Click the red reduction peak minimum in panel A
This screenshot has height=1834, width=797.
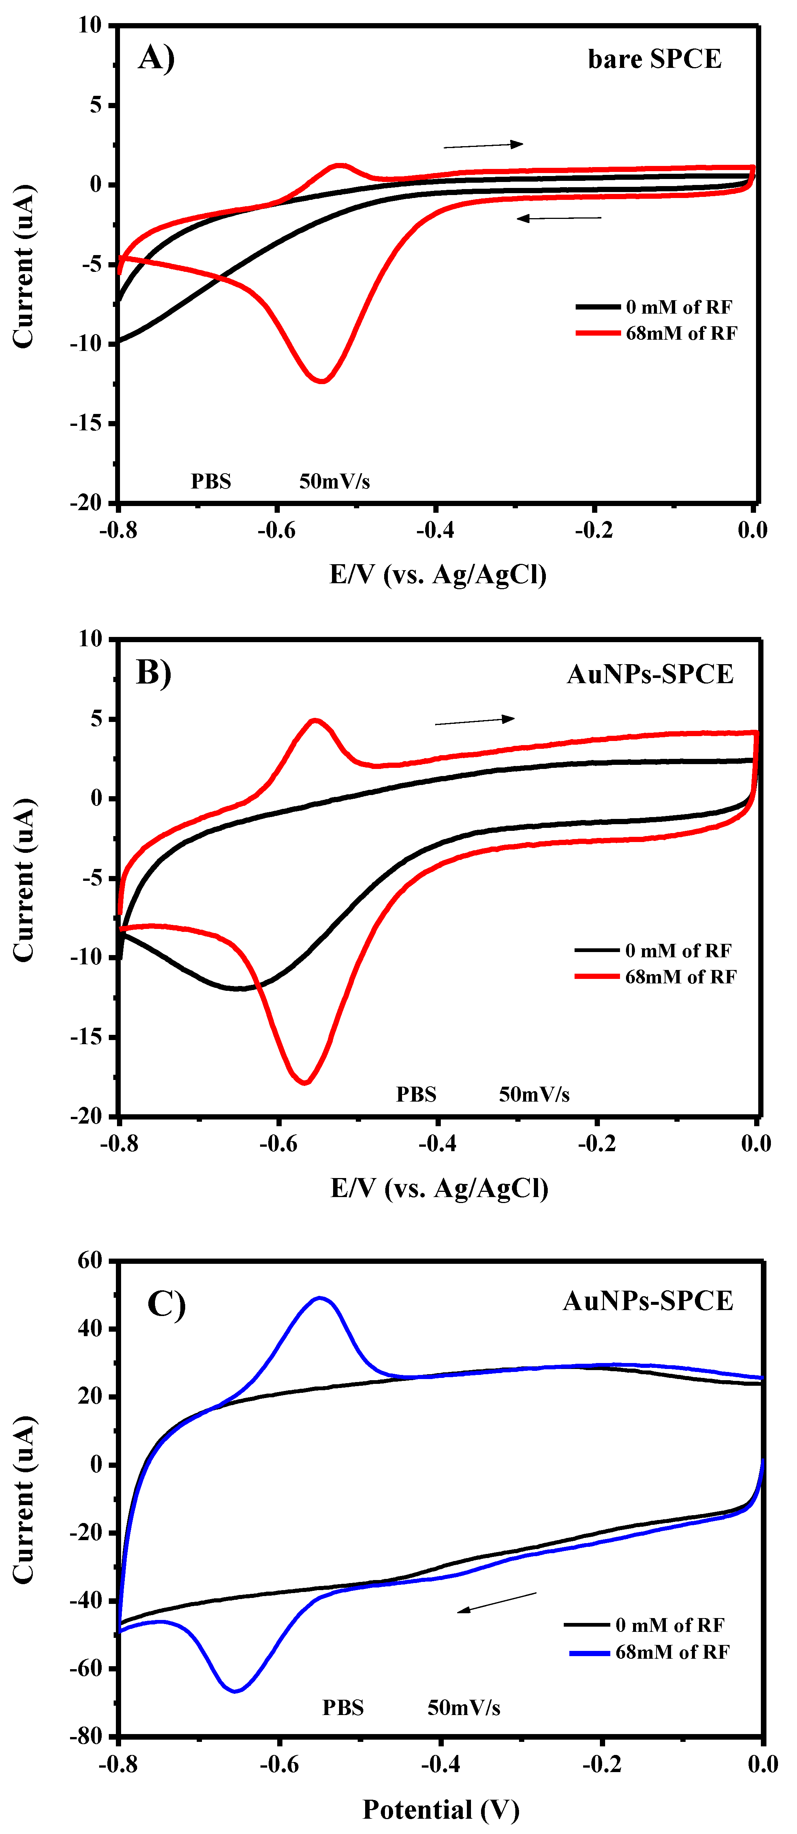click(322, 381)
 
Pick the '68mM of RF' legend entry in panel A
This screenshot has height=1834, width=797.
click(680, 333)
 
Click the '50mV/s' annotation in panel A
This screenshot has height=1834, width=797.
click(335, 482)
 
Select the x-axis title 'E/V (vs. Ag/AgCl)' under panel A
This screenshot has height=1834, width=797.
click(438, 575)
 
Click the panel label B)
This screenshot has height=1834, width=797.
click(154, 672)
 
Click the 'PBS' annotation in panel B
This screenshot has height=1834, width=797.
click(416, 1094)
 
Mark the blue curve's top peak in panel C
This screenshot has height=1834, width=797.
click(320, 1298)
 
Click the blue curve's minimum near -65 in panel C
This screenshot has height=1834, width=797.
click(235, 1691)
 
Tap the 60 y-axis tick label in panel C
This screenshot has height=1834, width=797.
click(91, 1261)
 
